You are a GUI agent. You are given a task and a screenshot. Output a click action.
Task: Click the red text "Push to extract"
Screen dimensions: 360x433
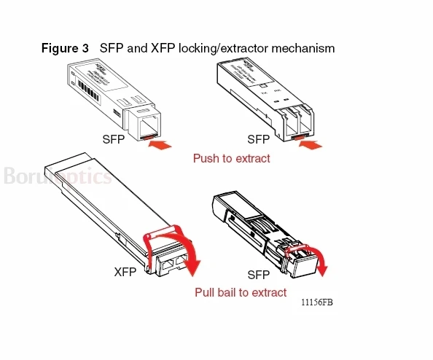pos(231,158)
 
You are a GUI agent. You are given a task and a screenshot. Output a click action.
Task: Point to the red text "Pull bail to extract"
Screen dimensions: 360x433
pos(241,292)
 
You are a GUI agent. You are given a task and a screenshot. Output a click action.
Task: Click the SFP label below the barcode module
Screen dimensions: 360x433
pos(113,138)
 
